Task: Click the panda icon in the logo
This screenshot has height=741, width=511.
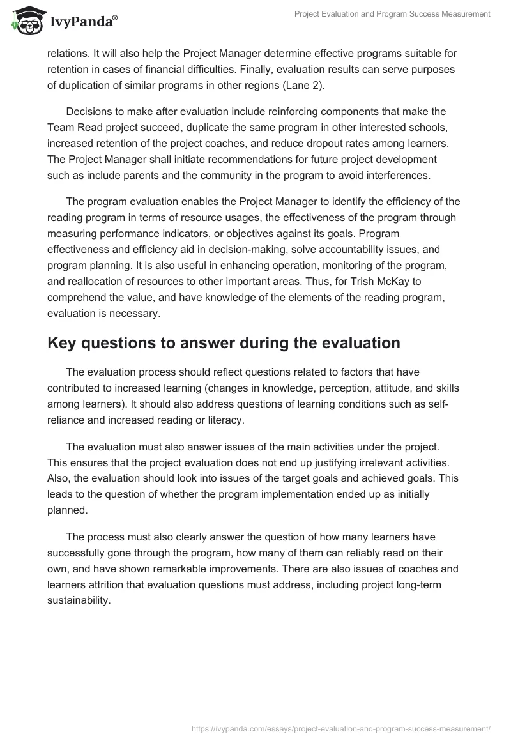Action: coord(26,22)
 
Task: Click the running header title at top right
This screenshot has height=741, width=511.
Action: coord(392,14)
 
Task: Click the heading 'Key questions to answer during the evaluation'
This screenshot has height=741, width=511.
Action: coord(224,343)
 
